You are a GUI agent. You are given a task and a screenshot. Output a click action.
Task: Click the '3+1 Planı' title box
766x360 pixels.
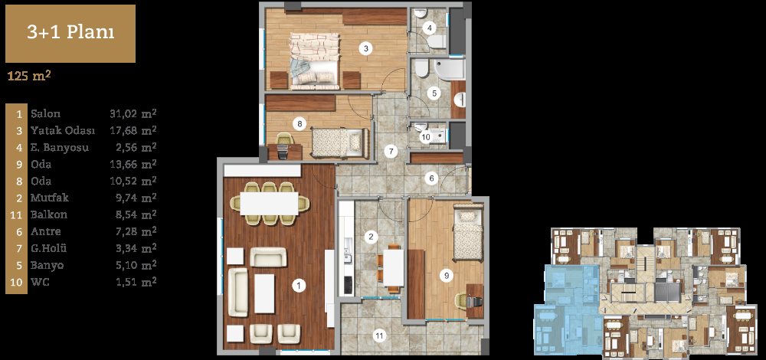70,34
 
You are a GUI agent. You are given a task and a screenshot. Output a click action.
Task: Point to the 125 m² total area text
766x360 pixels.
30,76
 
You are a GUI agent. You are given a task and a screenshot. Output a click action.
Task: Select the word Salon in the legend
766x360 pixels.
45,114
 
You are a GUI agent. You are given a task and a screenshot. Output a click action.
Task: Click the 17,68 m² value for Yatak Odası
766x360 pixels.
133,130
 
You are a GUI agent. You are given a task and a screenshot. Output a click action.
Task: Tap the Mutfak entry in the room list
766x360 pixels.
49,198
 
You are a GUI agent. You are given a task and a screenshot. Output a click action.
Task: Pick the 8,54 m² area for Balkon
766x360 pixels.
133,214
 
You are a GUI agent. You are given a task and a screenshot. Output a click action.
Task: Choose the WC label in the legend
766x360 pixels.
39,283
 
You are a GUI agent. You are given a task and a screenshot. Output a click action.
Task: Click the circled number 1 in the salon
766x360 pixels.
298,286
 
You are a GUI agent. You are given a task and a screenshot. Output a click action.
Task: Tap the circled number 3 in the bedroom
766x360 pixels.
365,47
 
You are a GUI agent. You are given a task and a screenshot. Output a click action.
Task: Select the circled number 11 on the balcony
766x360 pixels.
378,335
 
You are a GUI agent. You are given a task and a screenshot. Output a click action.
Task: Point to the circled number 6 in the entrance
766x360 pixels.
431,178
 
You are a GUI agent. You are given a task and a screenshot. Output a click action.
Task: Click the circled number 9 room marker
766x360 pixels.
446,276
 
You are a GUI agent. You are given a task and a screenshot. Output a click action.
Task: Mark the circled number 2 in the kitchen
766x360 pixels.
372,237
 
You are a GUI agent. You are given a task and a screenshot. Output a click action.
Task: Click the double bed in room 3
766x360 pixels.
315,61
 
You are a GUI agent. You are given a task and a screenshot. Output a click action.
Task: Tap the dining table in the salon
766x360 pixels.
269,203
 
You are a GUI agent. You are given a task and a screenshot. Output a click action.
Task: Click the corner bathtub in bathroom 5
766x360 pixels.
448,69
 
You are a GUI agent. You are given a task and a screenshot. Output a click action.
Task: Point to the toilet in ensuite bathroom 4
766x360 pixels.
437,41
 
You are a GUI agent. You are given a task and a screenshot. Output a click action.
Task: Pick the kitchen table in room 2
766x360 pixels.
393,267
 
